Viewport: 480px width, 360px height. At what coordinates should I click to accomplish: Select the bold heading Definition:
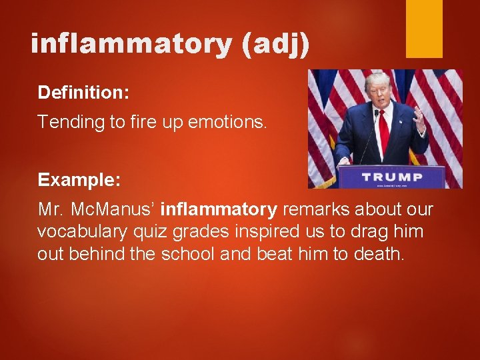[x=83, y=93]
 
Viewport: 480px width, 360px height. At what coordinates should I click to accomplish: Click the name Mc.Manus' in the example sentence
[x=120, y=210]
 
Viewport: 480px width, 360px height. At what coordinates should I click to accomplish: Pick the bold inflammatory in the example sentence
[x=219, y=210]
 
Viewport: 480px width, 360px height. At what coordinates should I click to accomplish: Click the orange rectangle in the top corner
[x=425, y=28]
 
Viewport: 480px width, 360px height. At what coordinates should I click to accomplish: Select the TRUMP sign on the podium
[x=391, y=177]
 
